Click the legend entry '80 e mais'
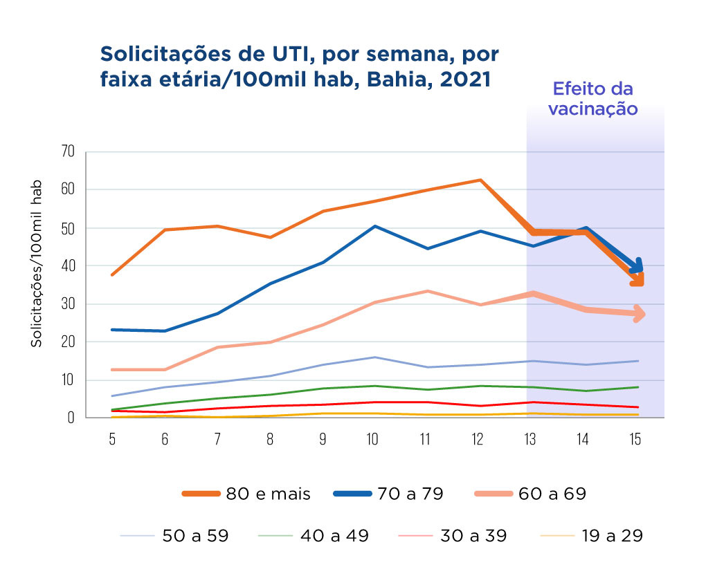coord(267,494)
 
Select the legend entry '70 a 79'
coord(408,494)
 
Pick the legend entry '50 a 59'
coord(195,535)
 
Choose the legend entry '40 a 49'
coord(335,535)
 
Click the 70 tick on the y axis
coord(68,151)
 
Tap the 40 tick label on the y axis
coord(68,266)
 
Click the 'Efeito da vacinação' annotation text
coord(592,99)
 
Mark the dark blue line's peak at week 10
coord(373,226)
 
